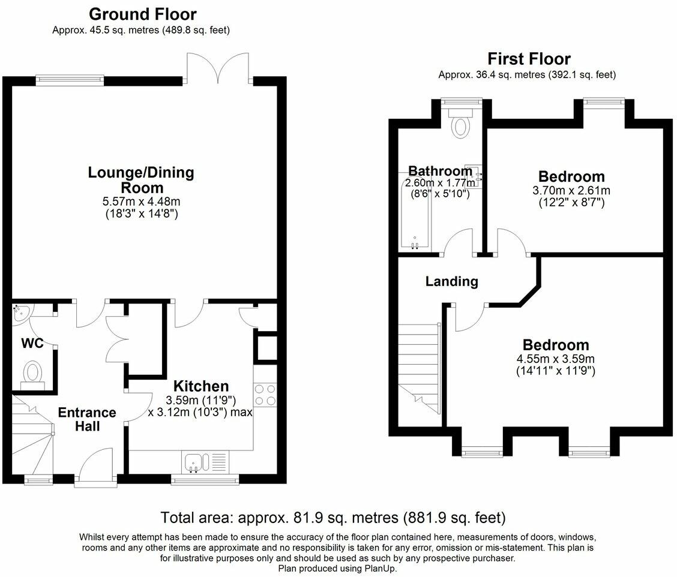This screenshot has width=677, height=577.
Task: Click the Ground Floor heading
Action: [x=142, y=14]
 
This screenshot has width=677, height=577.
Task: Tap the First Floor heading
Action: [x=529, y=59]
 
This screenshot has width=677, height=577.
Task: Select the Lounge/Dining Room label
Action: [x=141, y=180]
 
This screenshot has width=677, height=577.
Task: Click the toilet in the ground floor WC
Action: [x=33, y=374]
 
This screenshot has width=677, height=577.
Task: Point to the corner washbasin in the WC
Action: [x=20, y=313]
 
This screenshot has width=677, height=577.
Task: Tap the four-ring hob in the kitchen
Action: [x=265, y=395]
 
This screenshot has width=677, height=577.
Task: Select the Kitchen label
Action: [x=201, y=386]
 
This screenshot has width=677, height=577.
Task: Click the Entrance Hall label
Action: [x=87, y=419]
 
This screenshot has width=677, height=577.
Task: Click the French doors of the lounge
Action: [x=218, y=67]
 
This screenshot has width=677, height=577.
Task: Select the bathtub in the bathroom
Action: [x=415, y=213]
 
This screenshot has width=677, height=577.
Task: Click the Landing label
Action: [x=451, y=281]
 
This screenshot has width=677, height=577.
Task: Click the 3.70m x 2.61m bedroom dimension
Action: [x=571, y=190]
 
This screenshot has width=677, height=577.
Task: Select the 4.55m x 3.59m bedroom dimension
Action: [x=556, y=359]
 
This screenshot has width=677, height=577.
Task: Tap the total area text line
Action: [x=333, y=517]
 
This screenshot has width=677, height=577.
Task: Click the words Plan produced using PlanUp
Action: [x=337, y=569]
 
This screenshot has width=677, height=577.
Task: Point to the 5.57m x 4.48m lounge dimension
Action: [x=141, y=202]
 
